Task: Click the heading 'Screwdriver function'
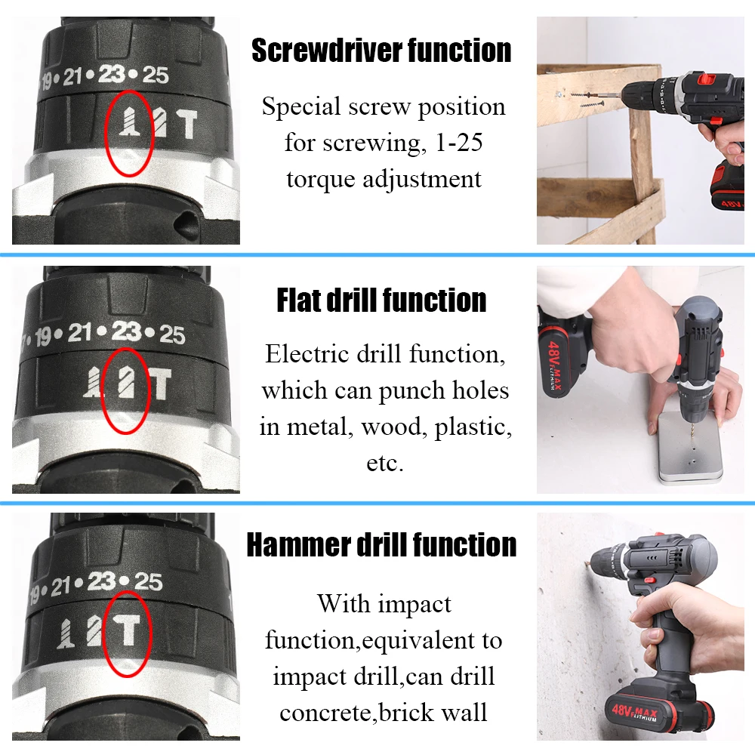click(381, 51)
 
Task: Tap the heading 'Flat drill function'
click(381, 300)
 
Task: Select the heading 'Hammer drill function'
click(381, 544)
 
